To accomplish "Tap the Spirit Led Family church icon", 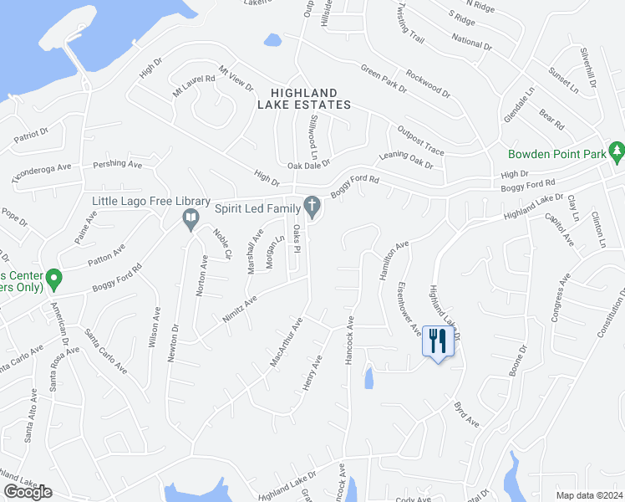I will tap(312, 206).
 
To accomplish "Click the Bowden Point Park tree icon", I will tap(617, 151).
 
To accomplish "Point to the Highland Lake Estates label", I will tap(303, 99).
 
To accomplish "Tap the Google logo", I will tap(28, 492).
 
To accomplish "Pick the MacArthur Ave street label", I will tap(285, 342).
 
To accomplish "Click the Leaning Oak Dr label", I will tap(406, 159).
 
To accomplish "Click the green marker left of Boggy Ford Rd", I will tap(53, 277).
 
